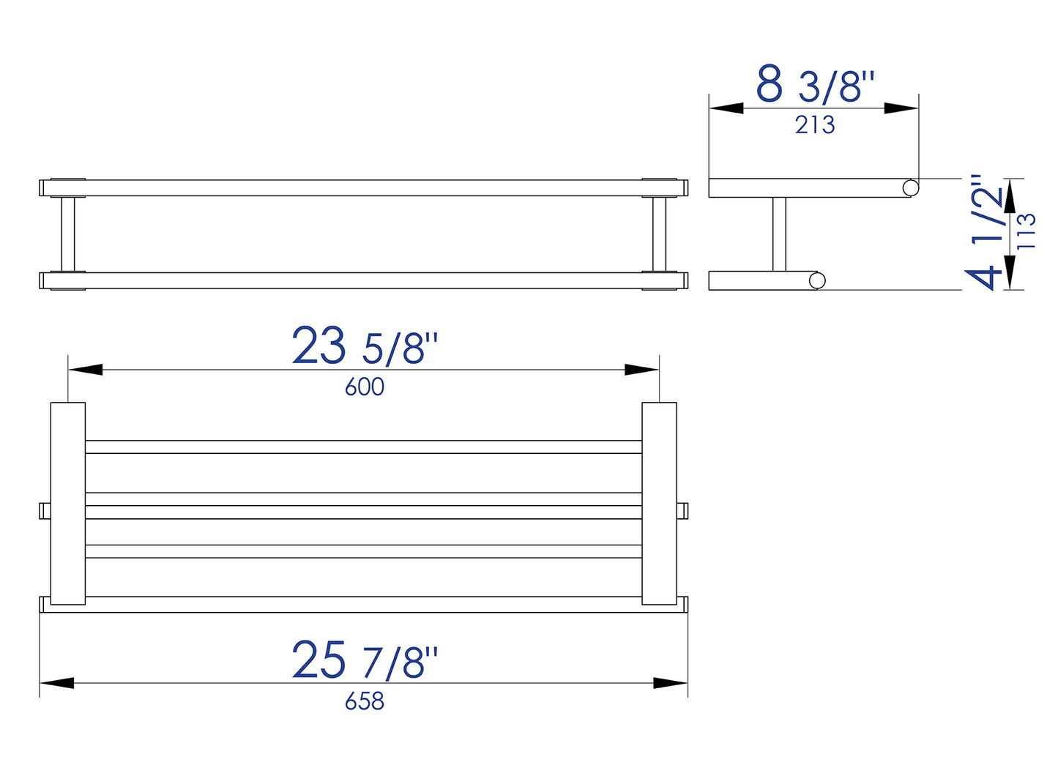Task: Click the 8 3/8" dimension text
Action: tap(815, 84)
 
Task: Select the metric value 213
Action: tap(815, 125)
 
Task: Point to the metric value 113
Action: tap(1027, 231)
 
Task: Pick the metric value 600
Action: tap(365, 387)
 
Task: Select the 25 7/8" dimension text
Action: tap(365, 660)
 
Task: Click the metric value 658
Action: tap(365, 701)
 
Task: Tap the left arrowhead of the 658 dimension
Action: tap(57, 683)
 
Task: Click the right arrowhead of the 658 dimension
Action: tap(670, 683)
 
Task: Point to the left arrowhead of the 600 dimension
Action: tap(86, 370)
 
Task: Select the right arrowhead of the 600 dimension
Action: tap(642, 370)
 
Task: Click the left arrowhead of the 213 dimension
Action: tap(726, 108)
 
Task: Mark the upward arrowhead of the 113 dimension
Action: tap(1010, 195)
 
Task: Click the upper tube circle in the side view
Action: tap(910, 188)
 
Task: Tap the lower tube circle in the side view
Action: tap(817, 280)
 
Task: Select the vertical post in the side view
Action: tap(779, 234)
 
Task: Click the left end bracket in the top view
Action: tap(67, 504)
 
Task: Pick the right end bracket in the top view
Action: tap(659, 504)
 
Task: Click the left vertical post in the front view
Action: tap(68, 234)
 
